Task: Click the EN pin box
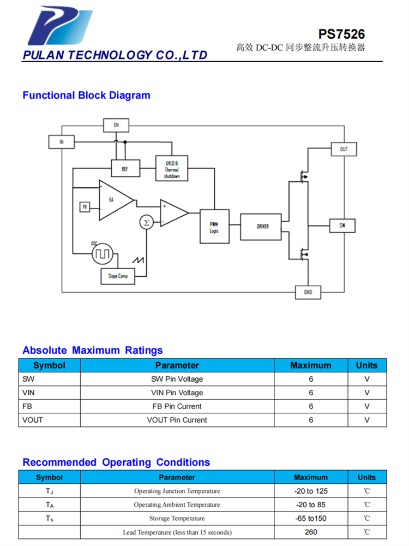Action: pyautogui.click(x=116, y=125)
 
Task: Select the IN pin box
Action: pyautogui.click(x=62, y=142)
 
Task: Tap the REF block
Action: pyautogui.click(x=125, y=169)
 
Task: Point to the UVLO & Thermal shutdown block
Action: pyautogui.click(x=172, y=169)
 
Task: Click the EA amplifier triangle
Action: pyautogui.click(x=113, y=200)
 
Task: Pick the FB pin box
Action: pyautogui.click(x=85, y=207)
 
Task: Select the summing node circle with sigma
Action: pyautogui.click(x=146, y=222)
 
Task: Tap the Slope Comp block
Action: pyautogui.click(x=117, y=276)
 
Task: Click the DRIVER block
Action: pyautogui.click(x=262, y=226)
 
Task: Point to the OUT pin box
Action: pyautogui.click(x=344, y=149)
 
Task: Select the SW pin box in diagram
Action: pyautogui.click(x=342, y=225)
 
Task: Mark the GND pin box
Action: pyautogui.click(x=308, y=293)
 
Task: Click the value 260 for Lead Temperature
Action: pyautogui.click(x=311, y=532)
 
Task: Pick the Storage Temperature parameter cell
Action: pyautogui.click(x=177, y=518)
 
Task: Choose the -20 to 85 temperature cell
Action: pyautogui.click(x=311, y=505)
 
